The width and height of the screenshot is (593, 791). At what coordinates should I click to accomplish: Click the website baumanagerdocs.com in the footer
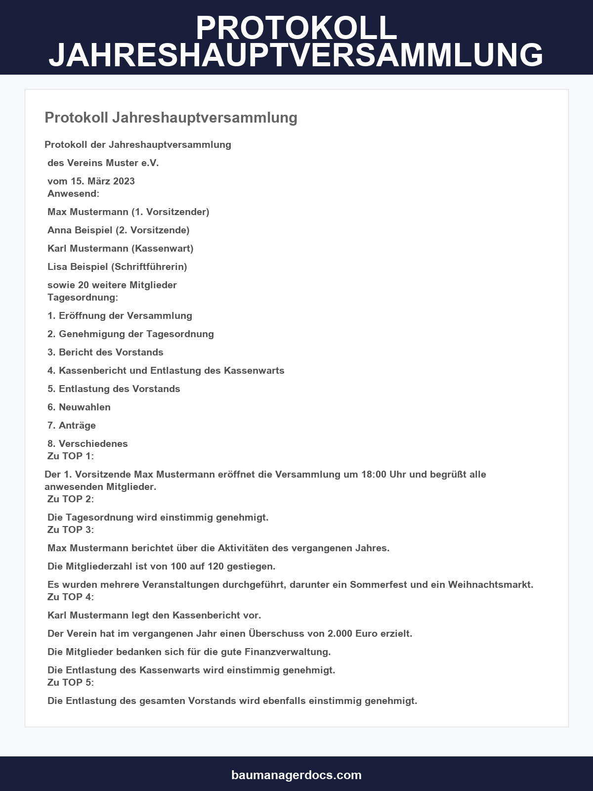point(296,775)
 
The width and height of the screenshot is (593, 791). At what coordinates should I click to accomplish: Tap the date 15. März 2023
point(102,181)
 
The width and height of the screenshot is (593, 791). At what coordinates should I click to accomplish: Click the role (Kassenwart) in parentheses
point(163,248)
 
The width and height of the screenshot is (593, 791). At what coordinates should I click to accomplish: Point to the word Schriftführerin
point(149,266)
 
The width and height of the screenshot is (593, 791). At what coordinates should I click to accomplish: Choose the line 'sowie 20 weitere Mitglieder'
point(112,285)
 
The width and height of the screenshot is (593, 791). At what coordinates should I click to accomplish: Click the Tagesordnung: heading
point(83,297)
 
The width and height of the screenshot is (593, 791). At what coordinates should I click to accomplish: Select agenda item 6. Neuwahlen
point(79,407)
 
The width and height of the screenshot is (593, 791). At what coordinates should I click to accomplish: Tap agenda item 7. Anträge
point(72,425)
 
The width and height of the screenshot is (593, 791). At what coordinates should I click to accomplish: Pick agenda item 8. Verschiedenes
point(87,443)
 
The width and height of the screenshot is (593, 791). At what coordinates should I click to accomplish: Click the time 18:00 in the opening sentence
point(374,474)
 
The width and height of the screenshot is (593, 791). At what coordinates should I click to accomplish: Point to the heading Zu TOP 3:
point(70,529)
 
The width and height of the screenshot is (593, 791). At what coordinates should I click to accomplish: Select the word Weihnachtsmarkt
point(490,584)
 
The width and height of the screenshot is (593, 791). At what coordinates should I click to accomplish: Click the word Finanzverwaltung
point(287,652)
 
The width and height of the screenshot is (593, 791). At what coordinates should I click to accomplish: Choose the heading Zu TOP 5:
point(70,682)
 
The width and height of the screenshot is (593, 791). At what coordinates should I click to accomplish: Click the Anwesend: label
point(73,193)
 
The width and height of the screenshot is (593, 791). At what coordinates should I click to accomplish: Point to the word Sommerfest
point(378,584)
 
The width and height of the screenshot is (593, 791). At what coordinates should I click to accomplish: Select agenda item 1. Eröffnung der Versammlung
point(120,315)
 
